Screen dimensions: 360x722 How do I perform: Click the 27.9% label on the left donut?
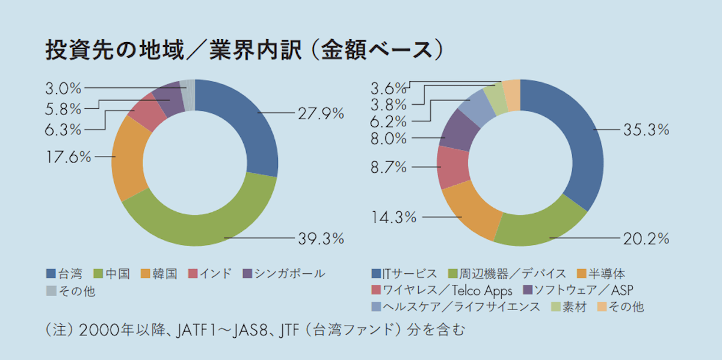[x=321, y=113]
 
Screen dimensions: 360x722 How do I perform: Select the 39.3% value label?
[x=321, y=239]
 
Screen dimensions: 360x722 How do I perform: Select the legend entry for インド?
[x=210, y=273]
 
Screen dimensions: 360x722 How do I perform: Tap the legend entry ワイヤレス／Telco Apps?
[x=442, y=290]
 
